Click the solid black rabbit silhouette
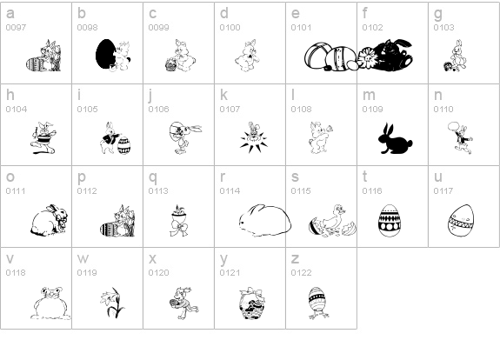click(396, 140)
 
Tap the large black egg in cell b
click(105, 54)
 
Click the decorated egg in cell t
click(390, 220)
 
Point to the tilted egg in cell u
click(461, 221)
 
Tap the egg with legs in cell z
click(318, 303)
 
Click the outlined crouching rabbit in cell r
click(265, 220)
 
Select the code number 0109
click(372, 110)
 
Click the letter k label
click(223, 95)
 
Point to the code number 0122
click(301, 273)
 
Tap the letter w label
click(83, 258)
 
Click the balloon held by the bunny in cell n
click(453, 127)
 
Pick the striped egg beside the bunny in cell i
click(124, 145)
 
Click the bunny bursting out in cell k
click(254, 137)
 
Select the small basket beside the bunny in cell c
click(171, 64)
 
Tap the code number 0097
click(16, 28)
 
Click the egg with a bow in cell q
click(179, 221)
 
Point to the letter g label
click(438, 14)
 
